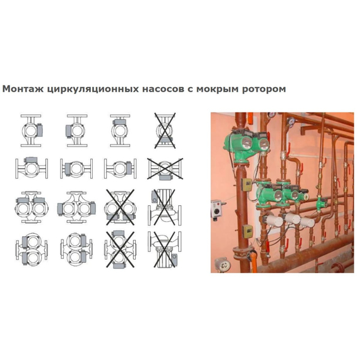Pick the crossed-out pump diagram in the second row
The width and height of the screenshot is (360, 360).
click(x=164, y=169)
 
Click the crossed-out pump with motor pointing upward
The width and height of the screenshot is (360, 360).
click(x=164, y=205)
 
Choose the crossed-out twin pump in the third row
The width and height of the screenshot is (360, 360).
click(x=119, y=205)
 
